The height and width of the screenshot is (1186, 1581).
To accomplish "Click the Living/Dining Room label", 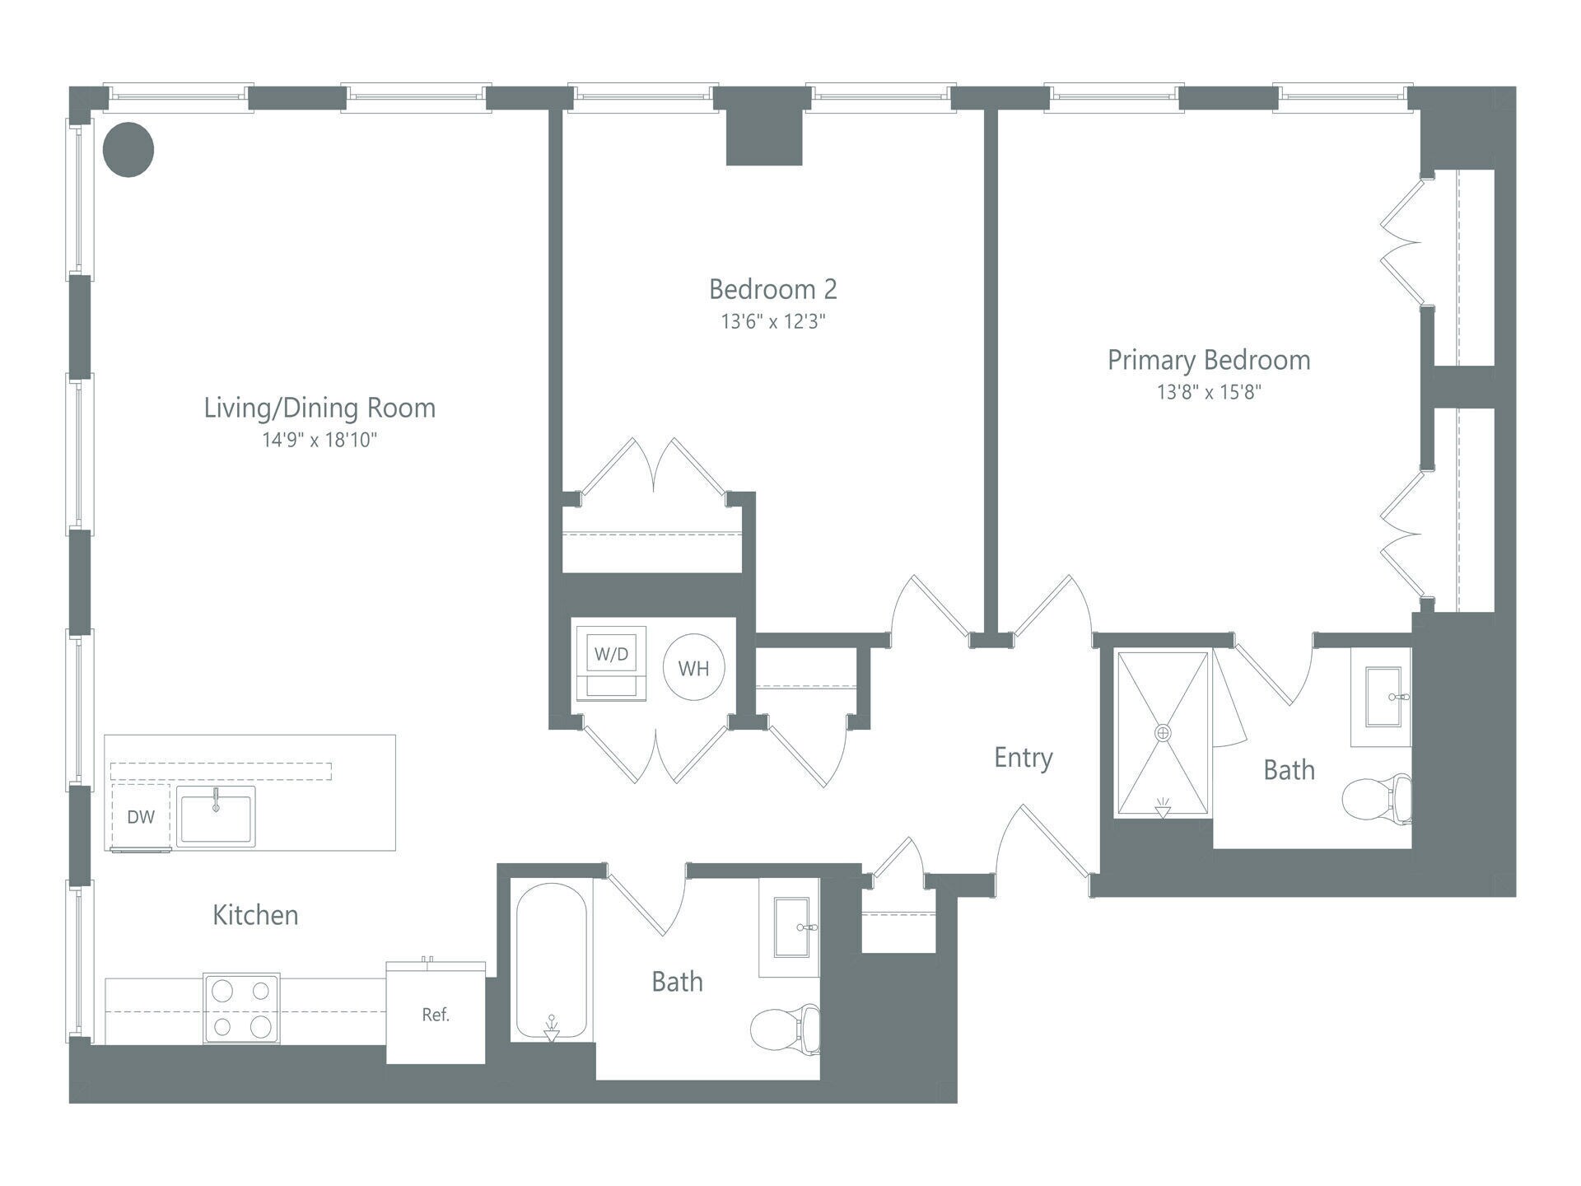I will click(x=319, y=408).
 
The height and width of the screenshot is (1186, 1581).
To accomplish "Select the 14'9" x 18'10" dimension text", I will click(x=319, y=440).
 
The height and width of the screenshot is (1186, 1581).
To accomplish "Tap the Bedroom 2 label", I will click(x=772, y=289).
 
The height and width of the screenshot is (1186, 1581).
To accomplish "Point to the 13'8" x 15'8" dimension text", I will click(x=1209, y=392).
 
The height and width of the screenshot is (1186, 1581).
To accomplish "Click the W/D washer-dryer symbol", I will click(x=611, y=655).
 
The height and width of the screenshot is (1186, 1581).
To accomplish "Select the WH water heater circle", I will click(x=693, y=668).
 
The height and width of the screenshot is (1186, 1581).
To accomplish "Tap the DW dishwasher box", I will click(x=141, y=817).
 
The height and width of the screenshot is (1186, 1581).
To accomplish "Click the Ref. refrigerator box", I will click(x=436, y=1015).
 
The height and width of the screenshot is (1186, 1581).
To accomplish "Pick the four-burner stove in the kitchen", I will click(x=241, y=1009).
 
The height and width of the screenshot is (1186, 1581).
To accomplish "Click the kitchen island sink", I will click(x=217, y=815).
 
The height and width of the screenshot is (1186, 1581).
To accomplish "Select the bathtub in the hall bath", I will click(x=552, y=961).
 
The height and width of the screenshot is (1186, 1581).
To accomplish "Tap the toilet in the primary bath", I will click(x=1376, y=799).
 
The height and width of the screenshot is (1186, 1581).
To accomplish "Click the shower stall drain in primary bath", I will click(x=1163, y=732).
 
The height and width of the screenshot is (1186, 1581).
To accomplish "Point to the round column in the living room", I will click(x=128, y=149).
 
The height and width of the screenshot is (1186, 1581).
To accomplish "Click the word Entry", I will click(x=1023, y=758).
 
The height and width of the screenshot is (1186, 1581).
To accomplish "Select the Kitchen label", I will click(x=255, y=915).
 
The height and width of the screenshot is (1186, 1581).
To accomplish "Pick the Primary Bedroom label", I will click(x=1209, y=360).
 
